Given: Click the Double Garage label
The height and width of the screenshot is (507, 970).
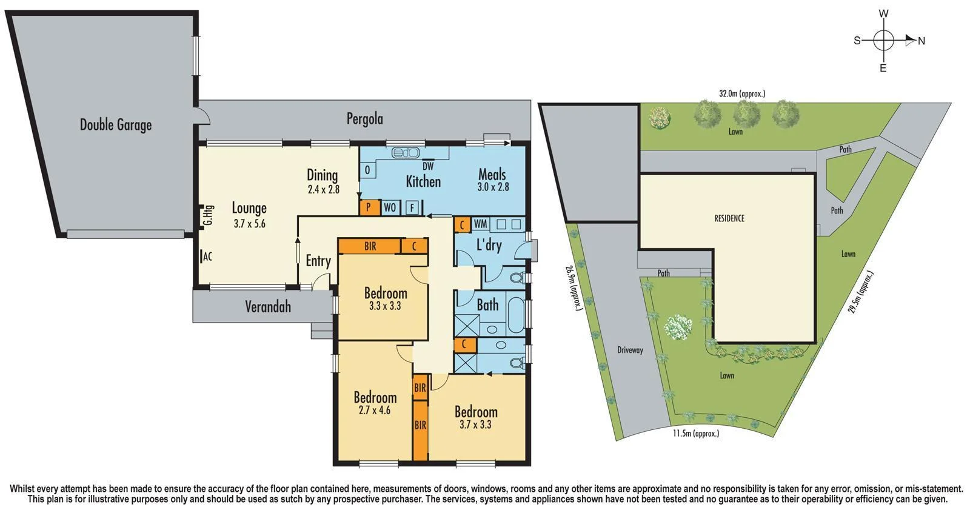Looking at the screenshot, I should (116, 125).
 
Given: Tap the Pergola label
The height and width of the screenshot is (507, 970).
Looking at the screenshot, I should (364, 118).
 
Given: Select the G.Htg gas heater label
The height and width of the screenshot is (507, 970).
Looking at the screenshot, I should (208, 216).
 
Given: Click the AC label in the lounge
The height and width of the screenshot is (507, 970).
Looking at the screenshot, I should (207, 257).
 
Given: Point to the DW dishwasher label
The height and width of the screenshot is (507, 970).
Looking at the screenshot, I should (428, 166).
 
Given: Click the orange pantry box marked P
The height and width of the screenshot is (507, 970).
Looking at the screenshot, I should (367, 207).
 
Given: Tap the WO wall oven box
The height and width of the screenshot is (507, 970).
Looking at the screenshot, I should (390, 207).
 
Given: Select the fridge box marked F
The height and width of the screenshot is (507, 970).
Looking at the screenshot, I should (412, 207).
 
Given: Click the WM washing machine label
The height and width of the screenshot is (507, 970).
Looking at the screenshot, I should (480, 224).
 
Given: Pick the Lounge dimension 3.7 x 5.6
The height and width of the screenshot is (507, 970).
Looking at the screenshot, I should (249, 224).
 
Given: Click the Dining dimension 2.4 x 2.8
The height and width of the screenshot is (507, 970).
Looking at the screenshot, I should (323, 189).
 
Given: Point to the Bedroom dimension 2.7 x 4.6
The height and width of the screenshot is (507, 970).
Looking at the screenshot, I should (375, 411).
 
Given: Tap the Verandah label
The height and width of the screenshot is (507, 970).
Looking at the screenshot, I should (268, 307).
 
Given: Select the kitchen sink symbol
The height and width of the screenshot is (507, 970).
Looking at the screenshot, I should (401, 152).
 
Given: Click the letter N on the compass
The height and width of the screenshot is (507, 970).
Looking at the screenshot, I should (921, 41).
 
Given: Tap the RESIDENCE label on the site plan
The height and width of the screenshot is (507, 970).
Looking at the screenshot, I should (729, 218).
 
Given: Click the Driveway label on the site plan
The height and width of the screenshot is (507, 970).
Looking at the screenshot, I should (630, 350).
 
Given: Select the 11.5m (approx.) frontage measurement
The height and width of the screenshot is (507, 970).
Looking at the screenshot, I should (696, 434).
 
